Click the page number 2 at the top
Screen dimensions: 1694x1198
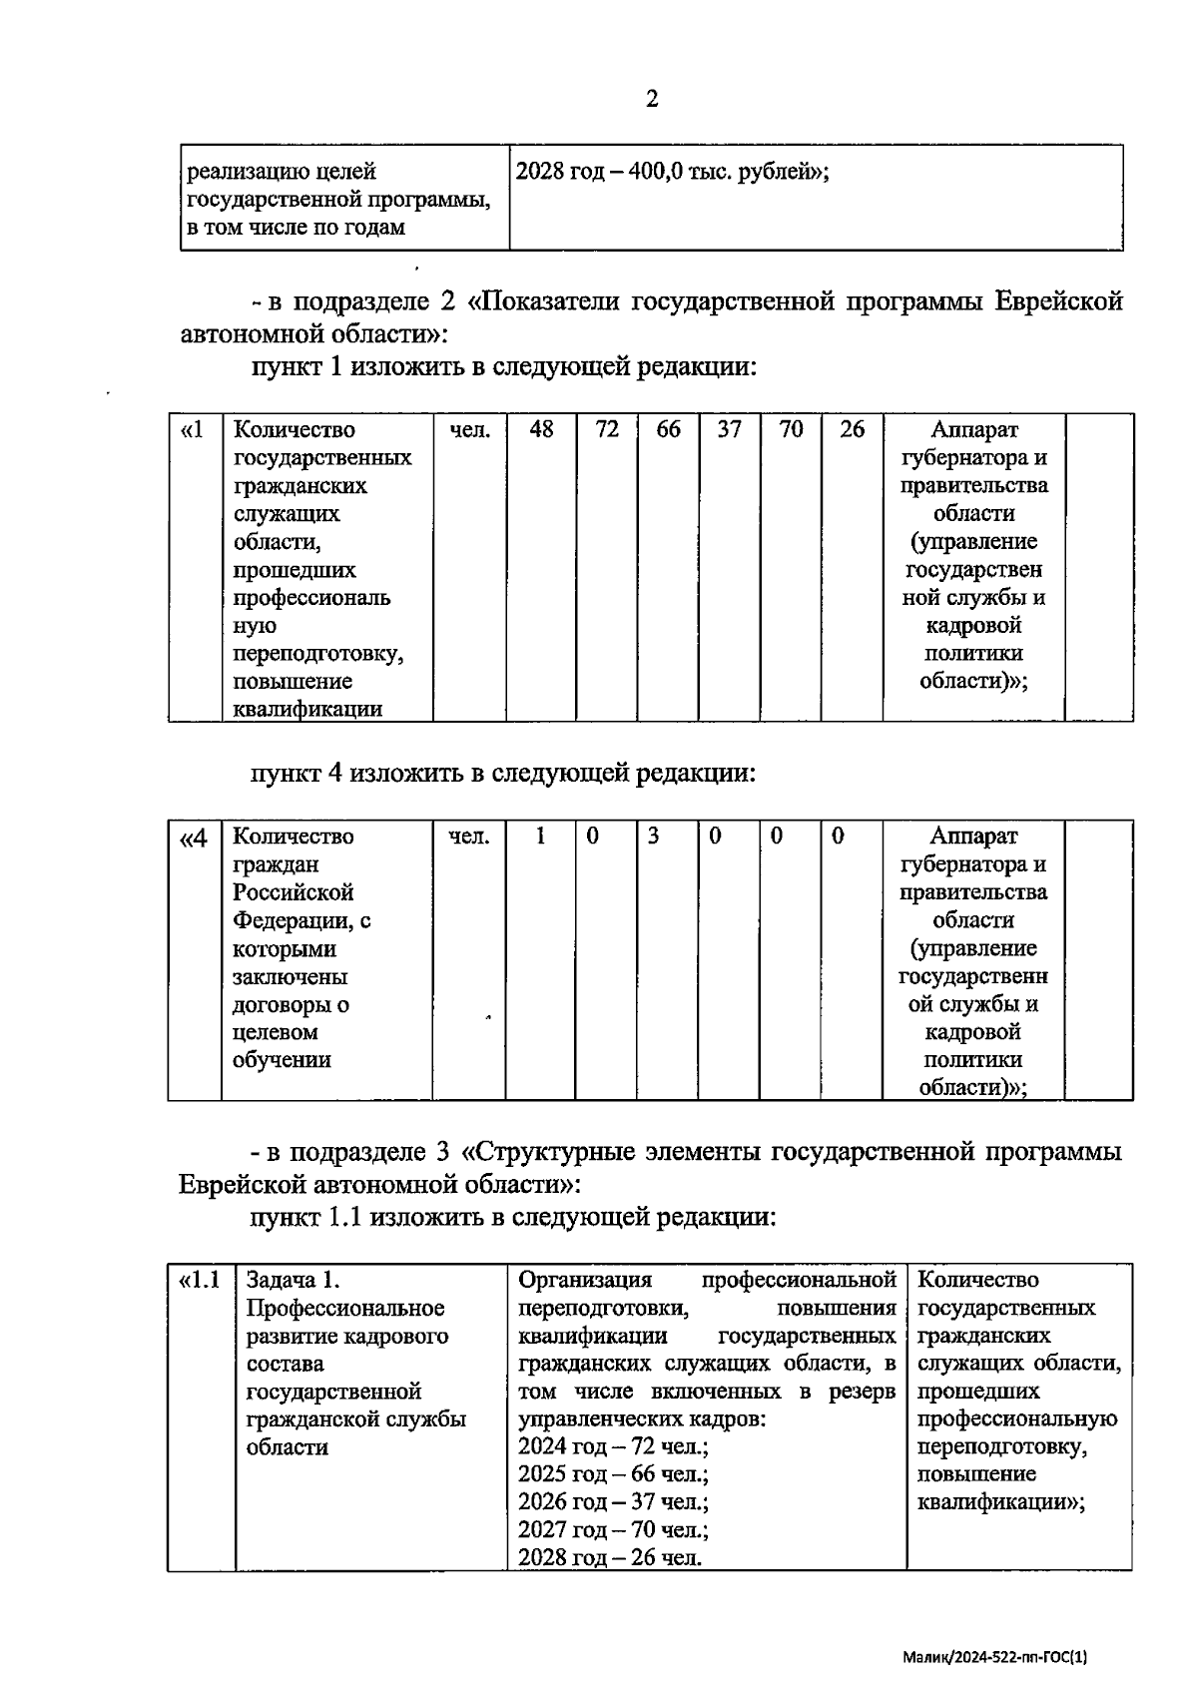point(652,99)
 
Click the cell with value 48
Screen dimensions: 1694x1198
point(541,430)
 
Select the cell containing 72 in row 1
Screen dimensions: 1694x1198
point(607,430)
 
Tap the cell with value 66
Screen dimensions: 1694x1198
point(668,430)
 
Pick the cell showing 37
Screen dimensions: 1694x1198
point(730,430)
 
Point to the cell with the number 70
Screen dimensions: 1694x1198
point(791,430)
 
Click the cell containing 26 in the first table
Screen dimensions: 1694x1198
point(852,430)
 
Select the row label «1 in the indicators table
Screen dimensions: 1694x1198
point(193,430)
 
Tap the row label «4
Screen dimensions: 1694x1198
point(193,837)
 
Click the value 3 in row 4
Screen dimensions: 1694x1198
point(653,837)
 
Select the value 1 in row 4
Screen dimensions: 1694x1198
point(540,837)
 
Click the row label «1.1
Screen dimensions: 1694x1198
point(199,1280)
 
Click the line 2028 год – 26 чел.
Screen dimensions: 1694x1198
point(609,1557)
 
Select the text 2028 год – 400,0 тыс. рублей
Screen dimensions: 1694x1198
point(671,172)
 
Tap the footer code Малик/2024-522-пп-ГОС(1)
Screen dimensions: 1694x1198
point(994,1656)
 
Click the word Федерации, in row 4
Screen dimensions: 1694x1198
point(301,920)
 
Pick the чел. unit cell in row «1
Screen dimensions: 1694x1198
point(469,430)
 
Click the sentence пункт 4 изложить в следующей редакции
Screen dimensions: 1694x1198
point(502,774)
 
